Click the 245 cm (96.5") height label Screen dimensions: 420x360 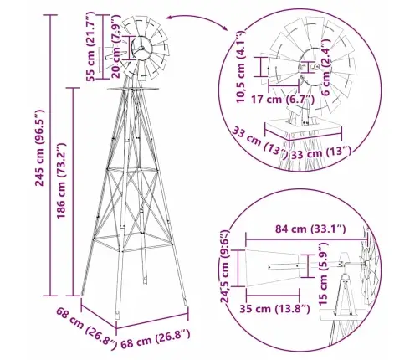(x=40, y=148)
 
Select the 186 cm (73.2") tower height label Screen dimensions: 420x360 (x=61, y=181)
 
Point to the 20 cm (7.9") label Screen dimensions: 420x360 (x=115, y=47)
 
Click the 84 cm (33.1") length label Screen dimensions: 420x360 (x=310, y=229)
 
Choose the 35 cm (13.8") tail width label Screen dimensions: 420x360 (x=274, y=309)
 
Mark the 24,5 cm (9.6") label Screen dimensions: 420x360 (x=224, y=266)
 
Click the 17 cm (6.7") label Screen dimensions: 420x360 (x=283, y=99)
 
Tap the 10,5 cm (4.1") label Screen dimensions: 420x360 (x=240, y=67)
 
